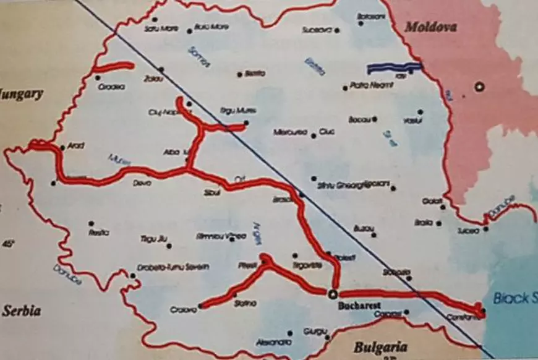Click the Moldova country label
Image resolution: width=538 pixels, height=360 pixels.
(x=430, y=27)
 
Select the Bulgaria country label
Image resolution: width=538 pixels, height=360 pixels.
(x=381, y=346)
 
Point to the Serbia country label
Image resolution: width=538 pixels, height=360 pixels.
(x=22, y=311)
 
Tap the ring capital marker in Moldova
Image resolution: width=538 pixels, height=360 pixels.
(x=479, y=87)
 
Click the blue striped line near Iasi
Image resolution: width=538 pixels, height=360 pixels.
(x=394, y=67)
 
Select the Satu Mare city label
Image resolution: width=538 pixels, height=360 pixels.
(x=157, y=28)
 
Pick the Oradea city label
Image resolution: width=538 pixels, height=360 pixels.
(x=111, y=87)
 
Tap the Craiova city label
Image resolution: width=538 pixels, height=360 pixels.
(x=182, y=311)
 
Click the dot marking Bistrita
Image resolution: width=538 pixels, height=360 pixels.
(x=240, y=74)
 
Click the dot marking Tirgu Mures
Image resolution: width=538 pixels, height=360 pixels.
(x=246, y=122)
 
